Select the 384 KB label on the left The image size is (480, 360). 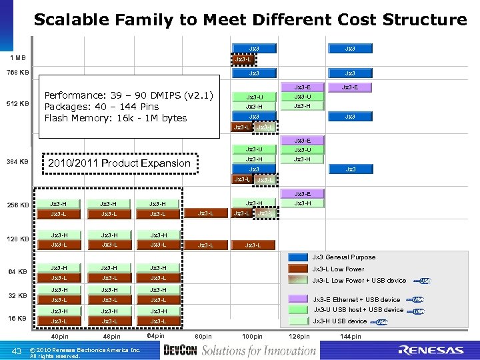pos(18,162)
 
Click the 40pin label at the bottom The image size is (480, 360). pos(59,337)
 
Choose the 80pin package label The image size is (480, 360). pos(203,337)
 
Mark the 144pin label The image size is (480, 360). pos(350,337)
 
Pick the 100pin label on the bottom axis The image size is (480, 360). pos(253,337)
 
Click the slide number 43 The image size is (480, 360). pos(18,351)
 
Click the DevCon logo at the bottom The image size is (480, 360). pos(180,351)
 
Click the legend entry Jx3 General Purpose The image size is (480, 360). pos(344,257)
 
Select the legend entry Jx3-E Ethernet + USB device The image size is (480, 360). pos(357,300)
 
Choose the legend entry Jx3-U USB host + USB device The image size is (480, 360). pos(358,310)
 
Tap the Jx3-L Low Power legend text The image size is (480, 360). pos(339,269)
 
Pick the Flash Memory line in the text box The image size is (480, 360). pos(115,118)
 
